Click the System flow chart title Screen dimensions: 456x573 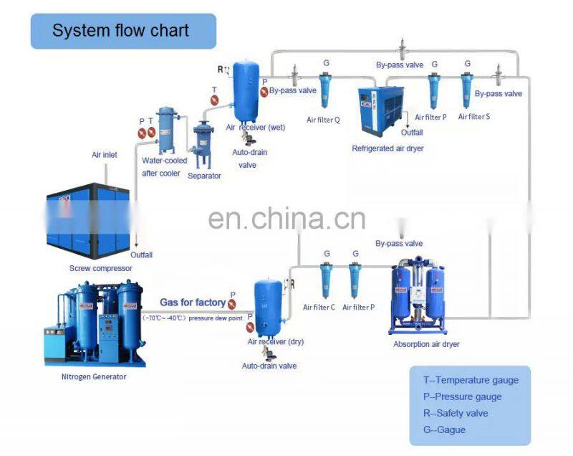coord(120,31)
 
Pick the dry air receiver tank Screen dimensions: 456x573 coord(268,307)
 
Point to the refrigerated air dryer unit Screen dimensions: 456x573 coord(380,110)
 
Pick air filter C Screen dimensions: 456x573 coord(326,280)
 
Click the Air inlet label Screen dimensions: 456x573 coord(104,154)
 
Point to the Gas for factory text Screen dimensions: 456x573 coord(192,303)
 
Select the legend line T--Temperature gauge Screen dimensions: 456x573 coord(471,381)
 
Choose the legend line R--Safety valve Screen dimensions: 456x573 coord(456,414)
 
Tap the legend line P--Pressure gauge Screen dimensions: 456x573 coord(462,397)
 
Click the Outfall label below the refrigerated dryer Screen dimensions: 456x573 coord(412,133)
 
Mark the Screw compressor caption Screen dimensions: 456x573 coord(100,268)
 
